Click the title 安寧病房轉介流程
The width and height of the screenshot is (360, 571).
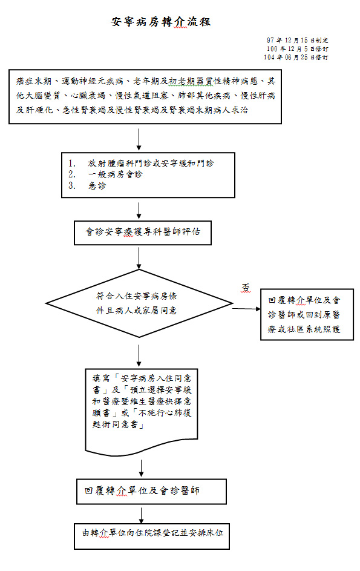[x=160, y=22]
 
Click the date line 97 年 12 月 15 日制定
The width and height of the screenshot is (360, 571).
[x=298, y=40]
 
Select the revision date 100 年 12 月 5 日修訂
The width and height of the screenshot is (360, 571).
[x=298, y=49]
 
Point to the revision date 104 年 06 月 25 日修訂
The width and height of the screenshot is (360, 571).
[x=296, y=57]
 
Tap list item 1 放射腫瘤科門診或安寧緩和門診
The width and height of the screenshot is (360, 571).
[x=141, y=163]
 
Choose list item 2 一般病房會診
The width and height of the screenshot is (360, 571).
[x=105, y=174]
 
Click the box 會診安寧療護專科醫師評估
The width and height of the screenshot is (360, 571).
[x=143, y=233]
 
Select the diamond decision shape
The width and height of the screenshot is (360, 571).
[x=139, y=303]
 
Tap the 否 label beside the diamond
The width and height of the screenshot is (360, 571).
[x=246, y=288]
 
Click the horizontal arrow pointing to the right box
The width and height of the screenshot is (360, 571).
[x=246, y=309]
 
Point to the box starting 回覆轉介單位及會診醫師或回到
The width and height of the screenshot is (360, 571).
[x=307, y=315]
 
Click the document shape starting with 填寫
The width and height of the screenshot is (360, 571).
[x=141, y=412]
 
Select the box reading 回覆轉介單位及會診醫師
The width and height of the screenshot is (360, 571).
[x=151, y=492]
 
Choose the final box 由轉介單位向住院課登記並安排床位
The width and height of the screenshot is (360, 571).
[x=152, y=536]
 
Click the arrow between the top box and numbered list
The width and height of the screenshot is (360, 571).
[x=139, y=139]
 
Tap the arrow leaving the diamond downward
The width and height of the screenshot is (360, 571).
[x=139, y=355]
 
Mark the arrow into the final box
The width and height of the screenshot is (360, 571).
[x=141, y=514]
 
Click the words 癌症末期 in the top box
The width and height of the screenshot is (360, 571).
[x=34, y=81]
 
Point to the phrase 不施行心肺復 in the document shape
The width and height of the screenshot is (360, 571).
[x=165, y=412]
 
